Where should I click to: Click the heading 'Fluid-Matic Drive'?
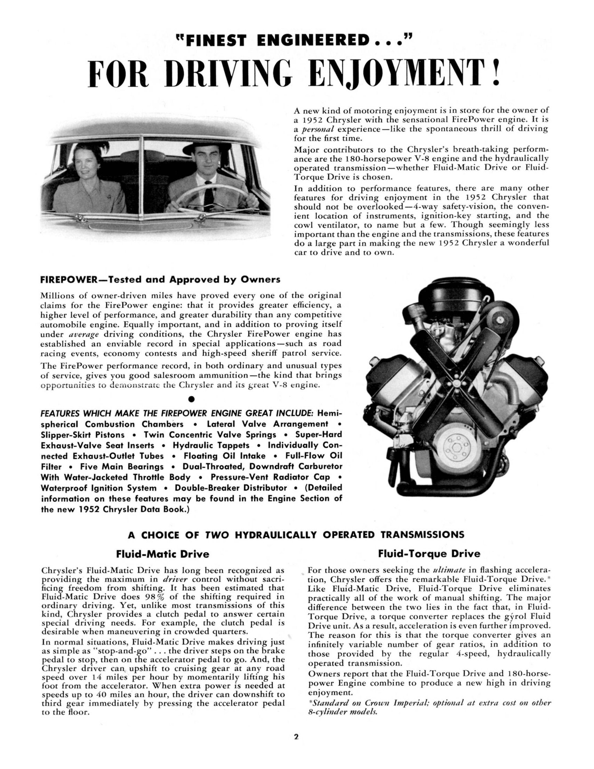[162, 554]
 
